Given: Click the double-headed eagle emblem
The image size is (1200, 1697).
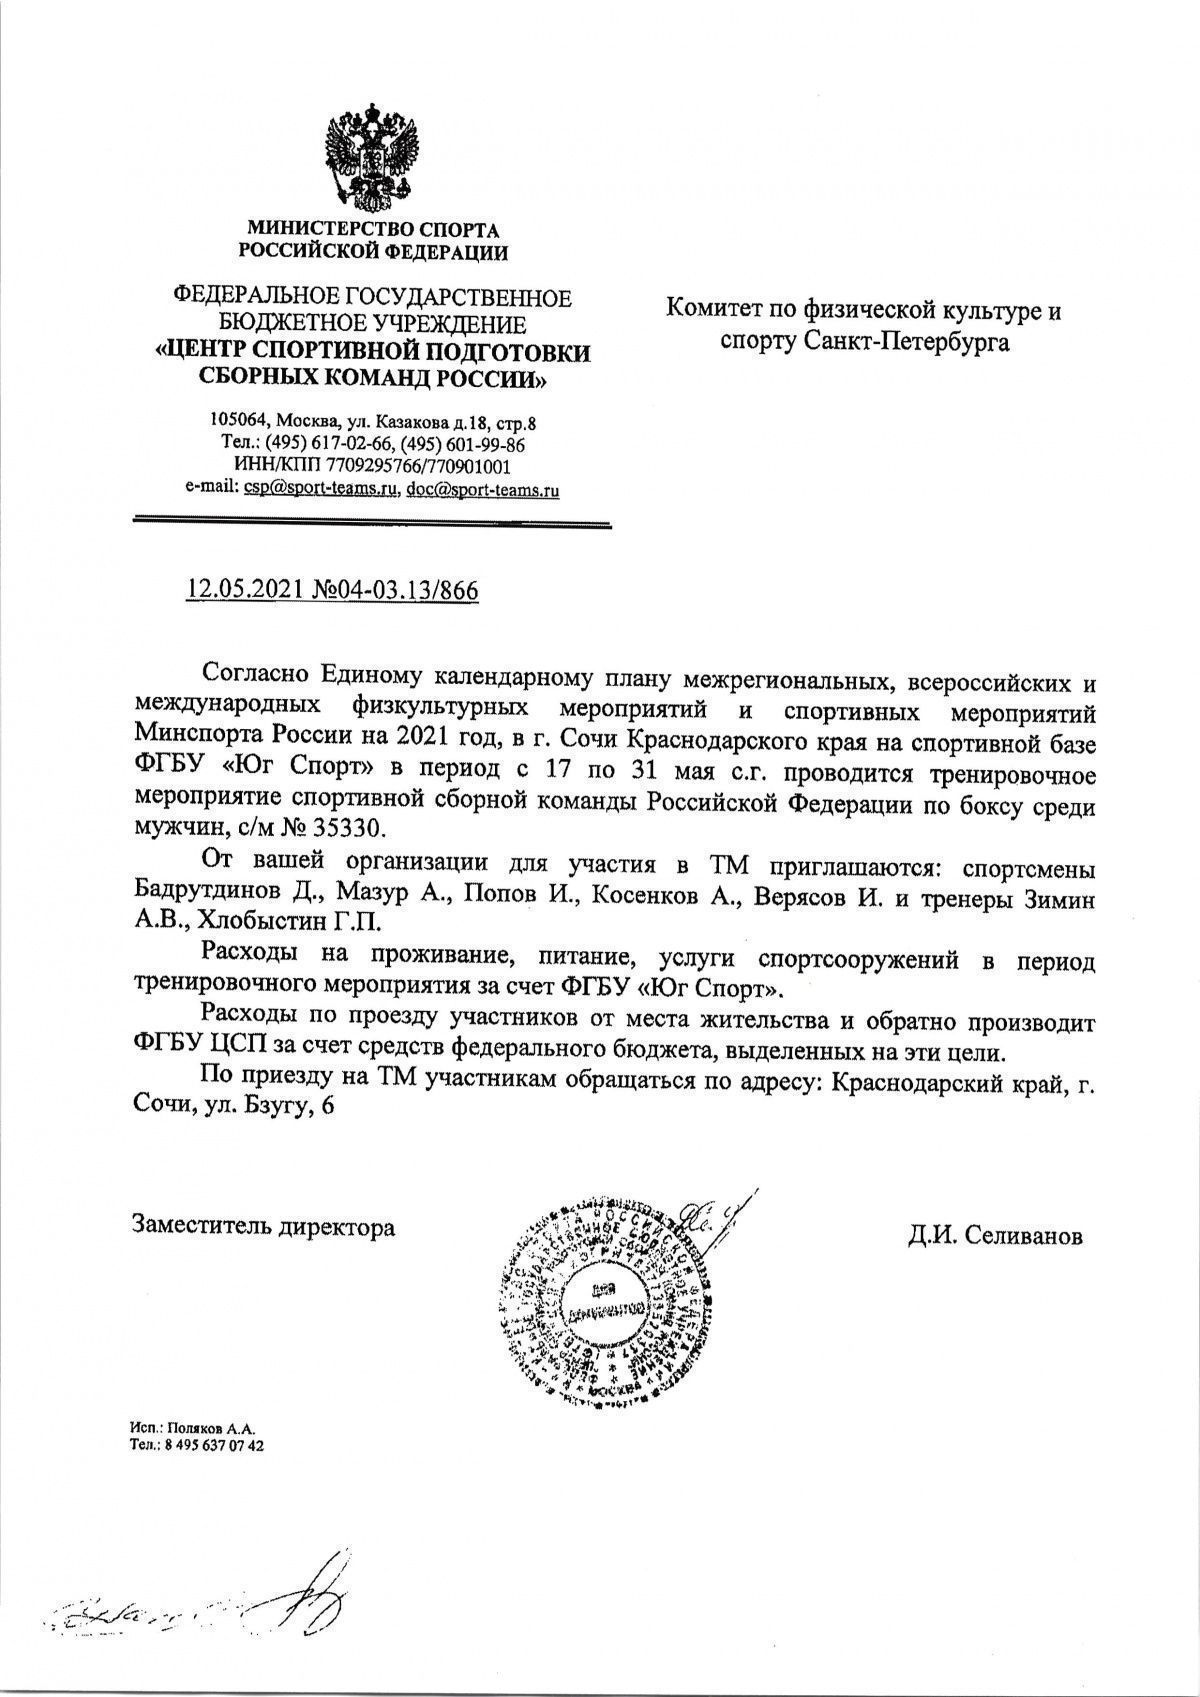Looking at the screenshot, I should click(371, 153).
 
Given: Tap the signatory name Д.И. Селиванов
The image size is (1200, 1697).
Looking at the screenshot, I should click(995, 1237).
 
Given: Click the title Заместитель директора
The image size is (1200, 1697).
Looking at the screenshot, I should click(263, 1226).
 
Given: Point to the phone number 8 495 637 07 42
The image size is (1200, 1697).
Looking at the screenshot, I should click(212, 1445).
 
